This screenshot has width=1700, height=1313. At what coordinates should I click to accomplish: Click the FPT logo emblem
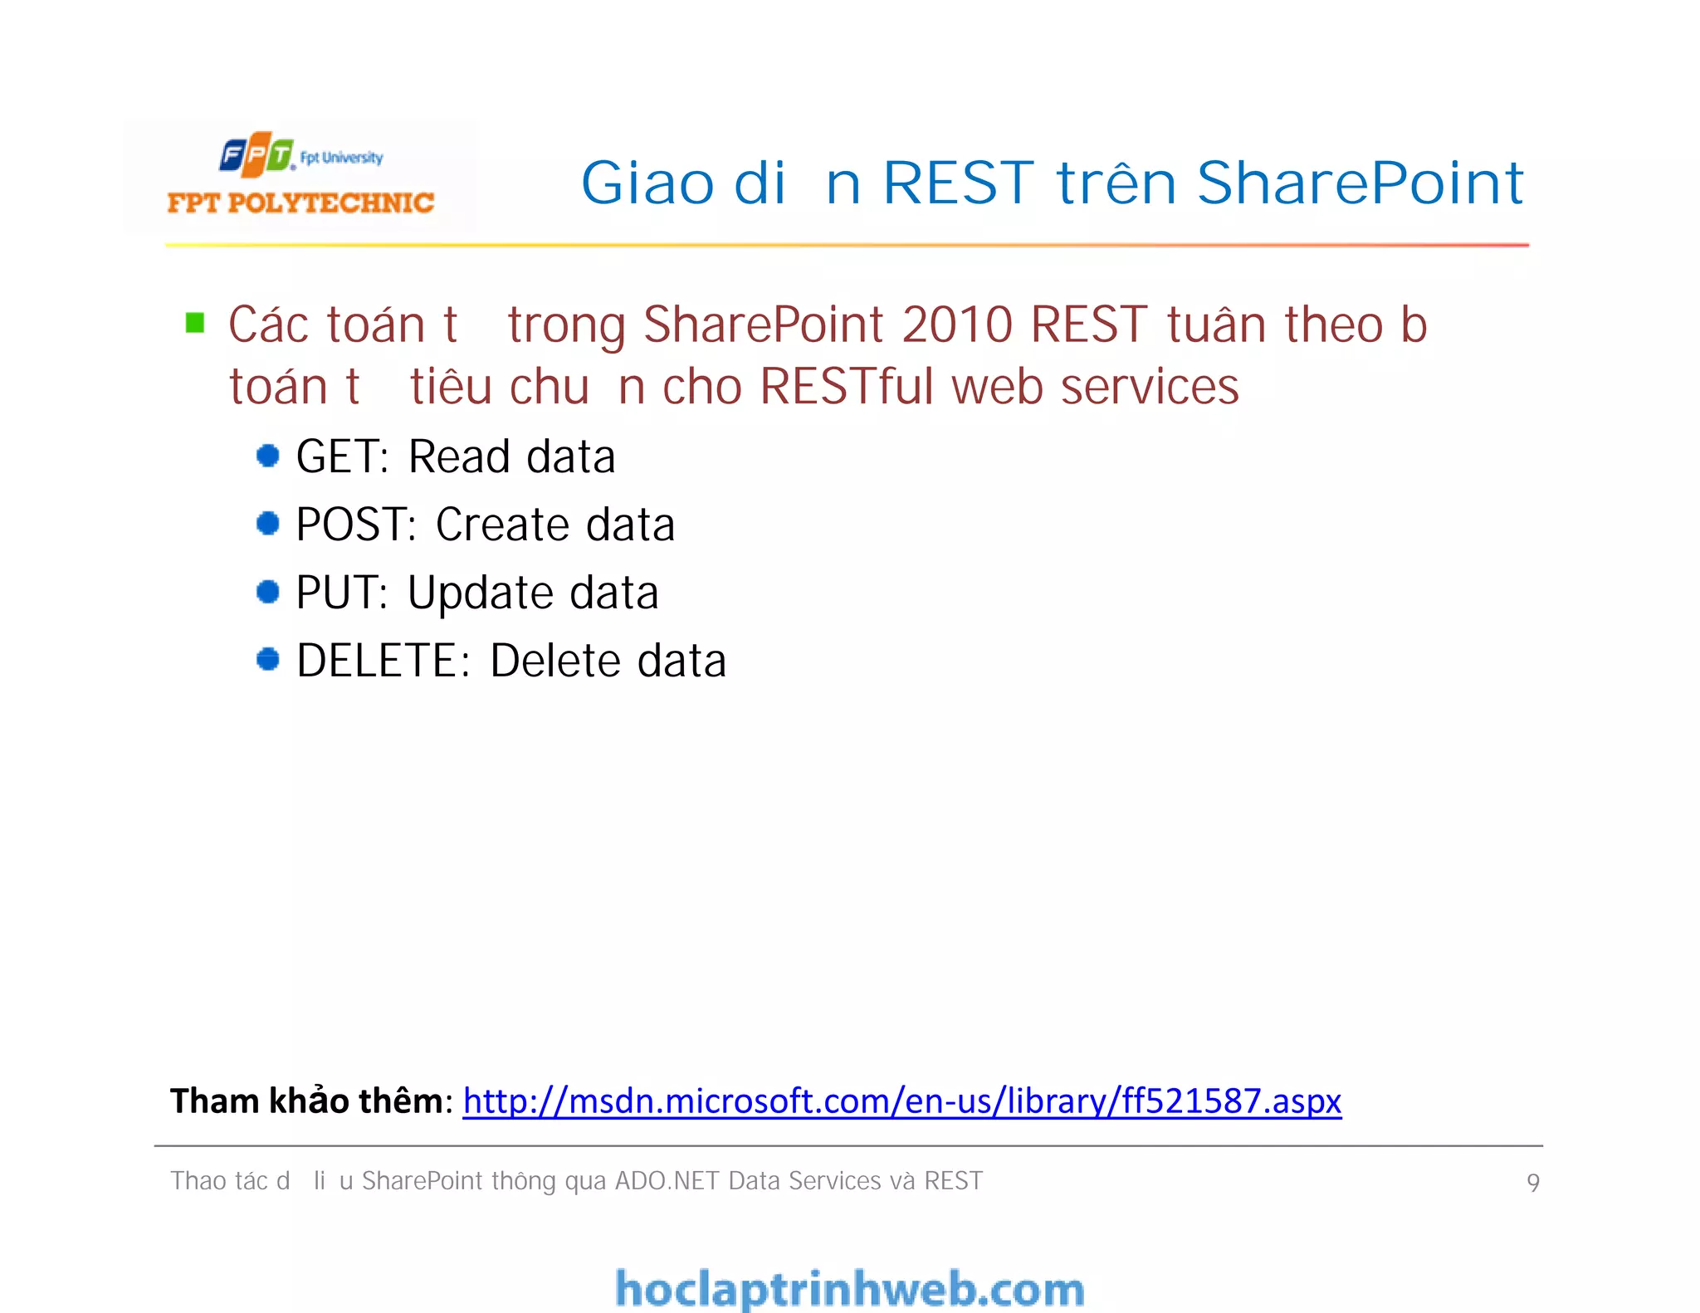[x=256, y=154]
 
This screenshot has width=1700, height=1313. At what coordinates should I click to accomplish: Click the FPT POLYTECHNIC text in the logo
[x=300, y=203]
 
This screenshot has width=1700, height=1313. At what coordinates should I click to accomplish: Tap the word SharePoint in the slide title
[x=1360, y=183]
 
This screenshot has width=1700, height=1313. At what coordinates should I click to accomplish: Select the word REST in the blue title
[x=958, y=183]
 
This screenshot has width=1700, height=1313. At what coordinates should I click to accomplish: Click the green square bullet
[x=195, y=323]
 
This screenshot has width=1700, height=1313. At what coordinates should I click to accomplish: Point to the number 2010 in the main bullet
[x=956, y=325]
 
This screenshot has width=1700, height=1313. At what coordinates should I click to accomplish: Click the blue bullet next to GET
[x=267, y=456]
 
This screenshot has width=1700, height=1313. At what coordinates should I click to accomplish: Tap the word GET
[x=341, y=457]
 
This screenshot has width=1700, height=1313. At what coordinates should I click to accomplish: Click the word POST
[x=355, y=525]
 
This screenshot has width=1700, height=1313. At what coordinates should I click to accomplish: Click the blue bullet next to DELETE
[x=267, y=660]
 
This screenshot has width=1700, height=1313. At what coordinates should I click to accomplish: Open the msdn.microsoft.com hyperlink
[x=901, y=1101]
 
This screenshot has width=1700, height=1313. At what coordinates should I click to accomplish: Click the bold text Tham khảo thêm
[x=307, y=1101]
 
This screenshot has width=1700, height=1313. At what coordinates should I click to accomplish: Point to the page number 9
[x=1532, y=1183]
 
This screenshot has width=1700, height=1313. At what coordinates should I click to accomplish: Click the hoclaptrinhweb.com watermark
[x=849, y=1289]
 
